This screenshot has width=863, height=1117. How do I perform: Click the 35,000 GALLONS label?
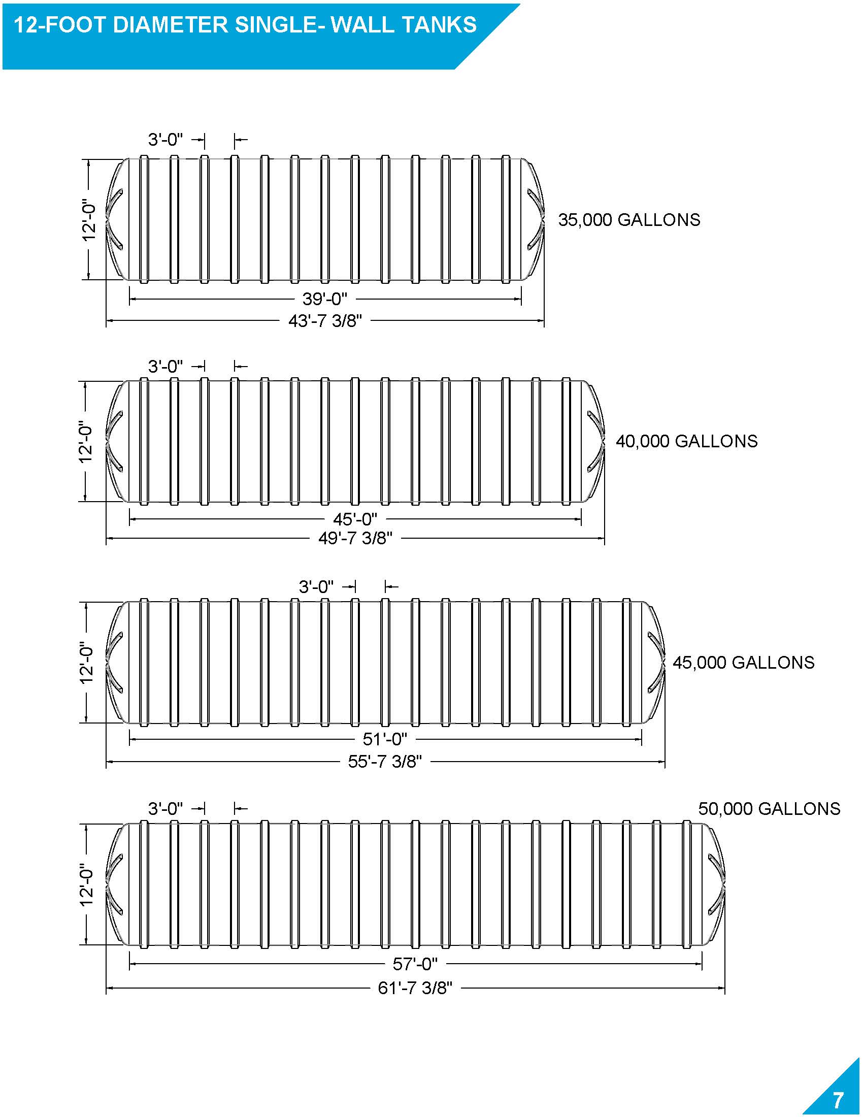click(628, 220)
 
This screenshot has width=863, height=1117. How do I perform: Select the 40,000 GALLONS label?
click(686, 441)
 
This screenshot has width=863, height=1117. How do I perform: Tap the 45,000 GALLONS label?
click(743, 663)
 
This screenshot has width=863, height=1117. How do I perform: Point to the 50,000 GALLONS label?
click(769, 809)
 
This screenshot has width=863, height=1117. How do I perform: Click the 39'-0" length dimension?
click(325, 299)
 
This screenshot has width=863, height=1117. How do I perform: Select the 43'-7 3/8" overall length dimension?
click(325, 321)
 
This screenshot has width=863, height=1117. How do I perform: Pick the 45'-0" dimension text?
click(355, 519)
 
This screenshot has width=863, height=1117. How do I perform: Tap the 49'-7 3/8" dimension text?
click(355, 539)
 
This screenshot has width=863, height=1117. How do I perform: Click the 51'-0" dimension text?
click(385, 739)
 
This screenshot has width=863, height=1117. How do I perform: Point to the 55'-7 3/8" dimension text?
click(385, 762)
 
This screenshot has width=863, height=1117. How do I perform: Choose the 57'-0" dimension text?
click(415, 964)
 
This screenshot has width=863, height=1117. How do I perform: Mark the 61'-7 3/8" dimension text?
click(415, 988)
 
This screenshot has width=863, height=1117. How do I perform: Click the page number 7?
click(838, 1099)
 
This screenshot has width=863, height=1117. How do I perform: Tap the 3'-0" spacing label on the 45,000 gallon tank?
click(316, 586)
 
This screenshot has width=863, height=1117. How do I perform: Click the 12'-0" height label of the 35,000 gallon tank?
click(89, 220)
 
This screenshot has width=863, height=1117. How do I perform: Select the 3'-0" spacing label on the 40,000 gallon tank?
click(165, 366)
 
